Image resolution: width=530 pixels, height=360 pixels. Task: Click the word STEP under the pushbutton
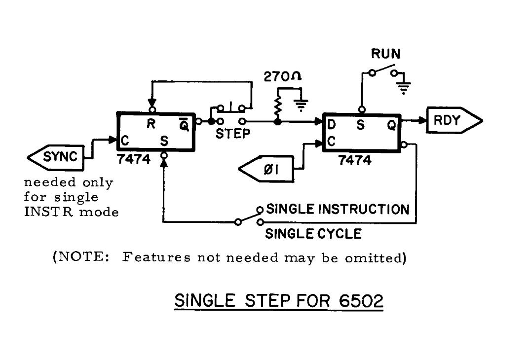pyautogui.click(x=233, y=134)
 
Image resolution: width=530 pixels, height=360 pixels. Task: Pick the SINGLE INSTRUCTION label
pyautogui.click(x=338, y=209)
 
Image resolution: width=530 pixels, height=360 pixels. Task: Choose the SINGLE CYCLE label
pyautogui.click(x=313, y=233)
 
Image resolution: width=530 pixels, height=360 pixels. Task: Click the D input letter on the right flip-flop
pyautogui.click(x=332, y=126)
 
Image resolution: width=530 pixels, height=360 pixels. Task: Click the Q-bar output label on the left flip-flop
pyautogui.click(x=184, y=125)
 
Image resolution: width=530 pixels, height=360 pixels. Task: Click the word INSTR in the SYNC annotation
pyautogui.click(x=42, y=213)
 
